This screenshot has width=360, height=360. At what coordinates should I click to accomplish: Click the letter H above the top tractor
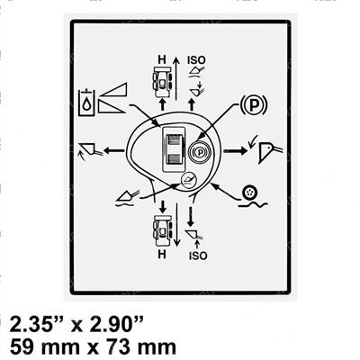tap(162, 59)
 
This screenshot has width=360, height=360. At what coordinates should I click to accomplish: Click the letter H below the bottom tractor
tap(162, 255)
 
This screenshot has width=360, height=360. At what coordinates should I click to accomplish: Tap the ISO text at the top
tap(196, 60)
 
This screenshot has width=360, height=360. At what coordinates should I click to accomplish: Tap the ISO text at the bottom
tap(198, 256)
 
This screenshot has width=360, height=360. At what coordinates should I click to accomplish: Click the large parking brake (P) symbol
tap(254, 104)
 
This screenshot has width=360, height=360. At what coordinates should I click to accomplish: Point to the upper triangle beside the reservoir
tap(113, 90)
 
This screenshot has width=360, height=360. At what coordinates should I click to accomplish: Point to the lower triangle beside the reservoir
tap(111, 107)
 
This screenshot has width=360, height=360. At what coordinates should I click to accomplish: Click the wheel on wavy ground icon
tap(253, 197)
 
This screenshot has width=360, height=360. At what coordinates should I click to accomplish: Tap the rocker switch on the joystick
tap(174, 148)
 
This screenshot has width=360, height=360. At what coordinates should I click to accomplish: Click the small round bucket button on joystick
tap(188, 181)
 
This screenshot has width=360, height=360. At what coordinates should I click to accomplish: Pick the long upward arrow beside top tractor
tap(176, 78)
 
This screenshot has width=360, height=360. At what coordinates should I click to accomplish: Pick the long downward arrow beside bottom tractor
tap(177, 225)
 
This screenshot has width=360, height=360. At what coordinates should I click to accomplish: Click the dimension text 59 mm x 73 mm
tap(93, 347)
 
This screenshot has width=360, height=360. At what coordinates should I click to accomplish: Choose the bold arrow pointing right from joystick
tap(235, 150)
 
